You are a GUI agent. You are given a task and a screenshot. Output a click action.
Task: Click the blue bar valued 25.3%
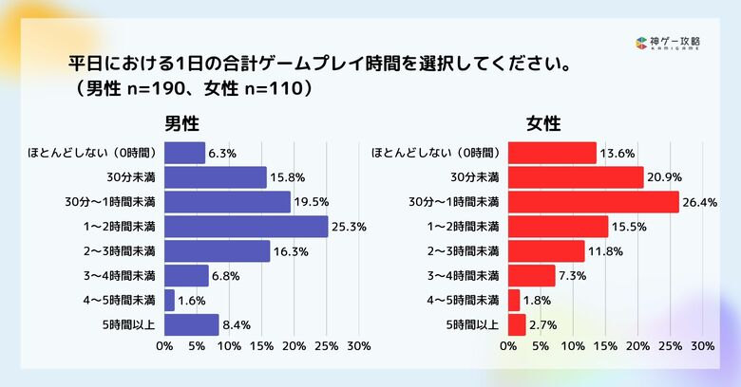coord(246,227)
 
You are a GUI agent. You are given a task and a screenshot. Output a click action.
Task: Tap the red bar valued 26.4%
coord(594,202)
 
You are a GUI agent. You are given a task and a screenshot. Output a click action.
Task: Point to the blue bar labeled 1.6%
coord(169,301)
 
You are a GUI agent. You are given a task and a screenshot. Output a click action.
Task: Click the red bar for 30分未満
coord(576,177)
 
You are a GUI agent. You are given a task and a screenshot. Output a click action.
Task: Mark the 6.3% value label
coord(222,153)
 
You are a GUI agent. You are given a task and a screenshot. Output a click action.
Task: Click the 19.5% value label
coord(312,202)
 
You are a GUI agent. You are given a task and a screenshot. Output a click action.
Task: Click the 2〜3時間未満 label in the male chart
coord(118,251)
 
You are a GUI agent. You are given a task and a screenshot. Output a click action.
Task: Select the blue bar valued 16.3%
coord(217,251)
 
